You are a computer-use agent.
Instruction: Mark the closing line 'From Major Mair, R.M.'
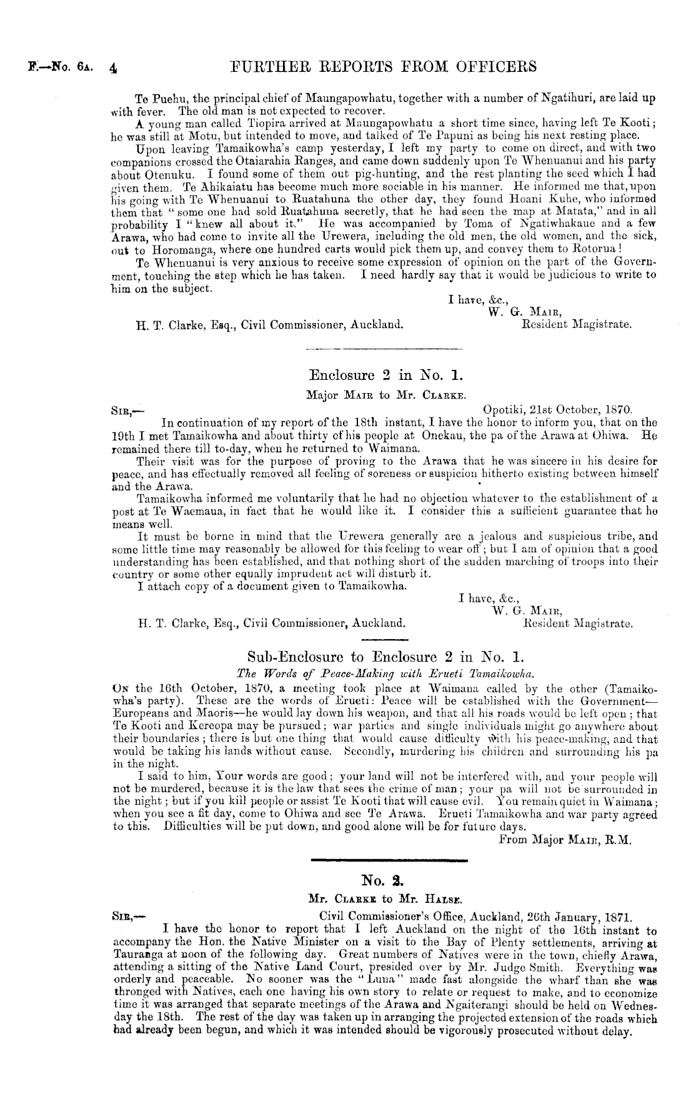(x=566, y=840)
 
